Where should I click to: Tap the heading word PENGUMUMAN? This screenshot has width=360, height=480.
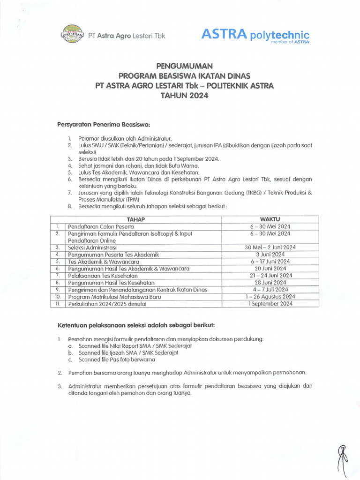click(180, 67)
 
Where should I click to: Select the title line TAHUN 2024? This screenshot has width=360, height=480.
click(180, 96)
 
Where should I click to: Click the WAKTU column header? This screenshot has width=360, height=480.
click(270, 219)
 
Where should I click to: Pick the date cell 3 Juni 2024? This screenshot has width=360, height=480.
click(270, 254)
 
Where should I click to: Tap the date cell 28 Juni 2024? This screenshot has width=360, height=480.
click(270, 283)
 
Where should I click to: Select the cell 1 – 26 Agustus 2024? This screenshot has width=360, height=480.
click(270, 297)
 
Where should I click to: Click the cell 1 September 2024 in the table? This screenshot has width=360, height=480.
click(270, 304)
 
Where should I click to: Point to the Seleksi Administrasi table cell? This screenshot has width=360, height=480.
click(92, 247)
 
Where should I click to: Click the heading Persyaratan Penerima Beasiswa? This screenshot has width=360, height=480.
click(103, 124)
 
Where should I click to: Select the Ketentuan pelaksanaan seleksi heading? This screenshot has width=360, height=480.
click(136, 325)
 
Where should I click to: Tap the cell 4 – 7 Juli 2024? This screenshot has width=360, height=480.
click(270, 290)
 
